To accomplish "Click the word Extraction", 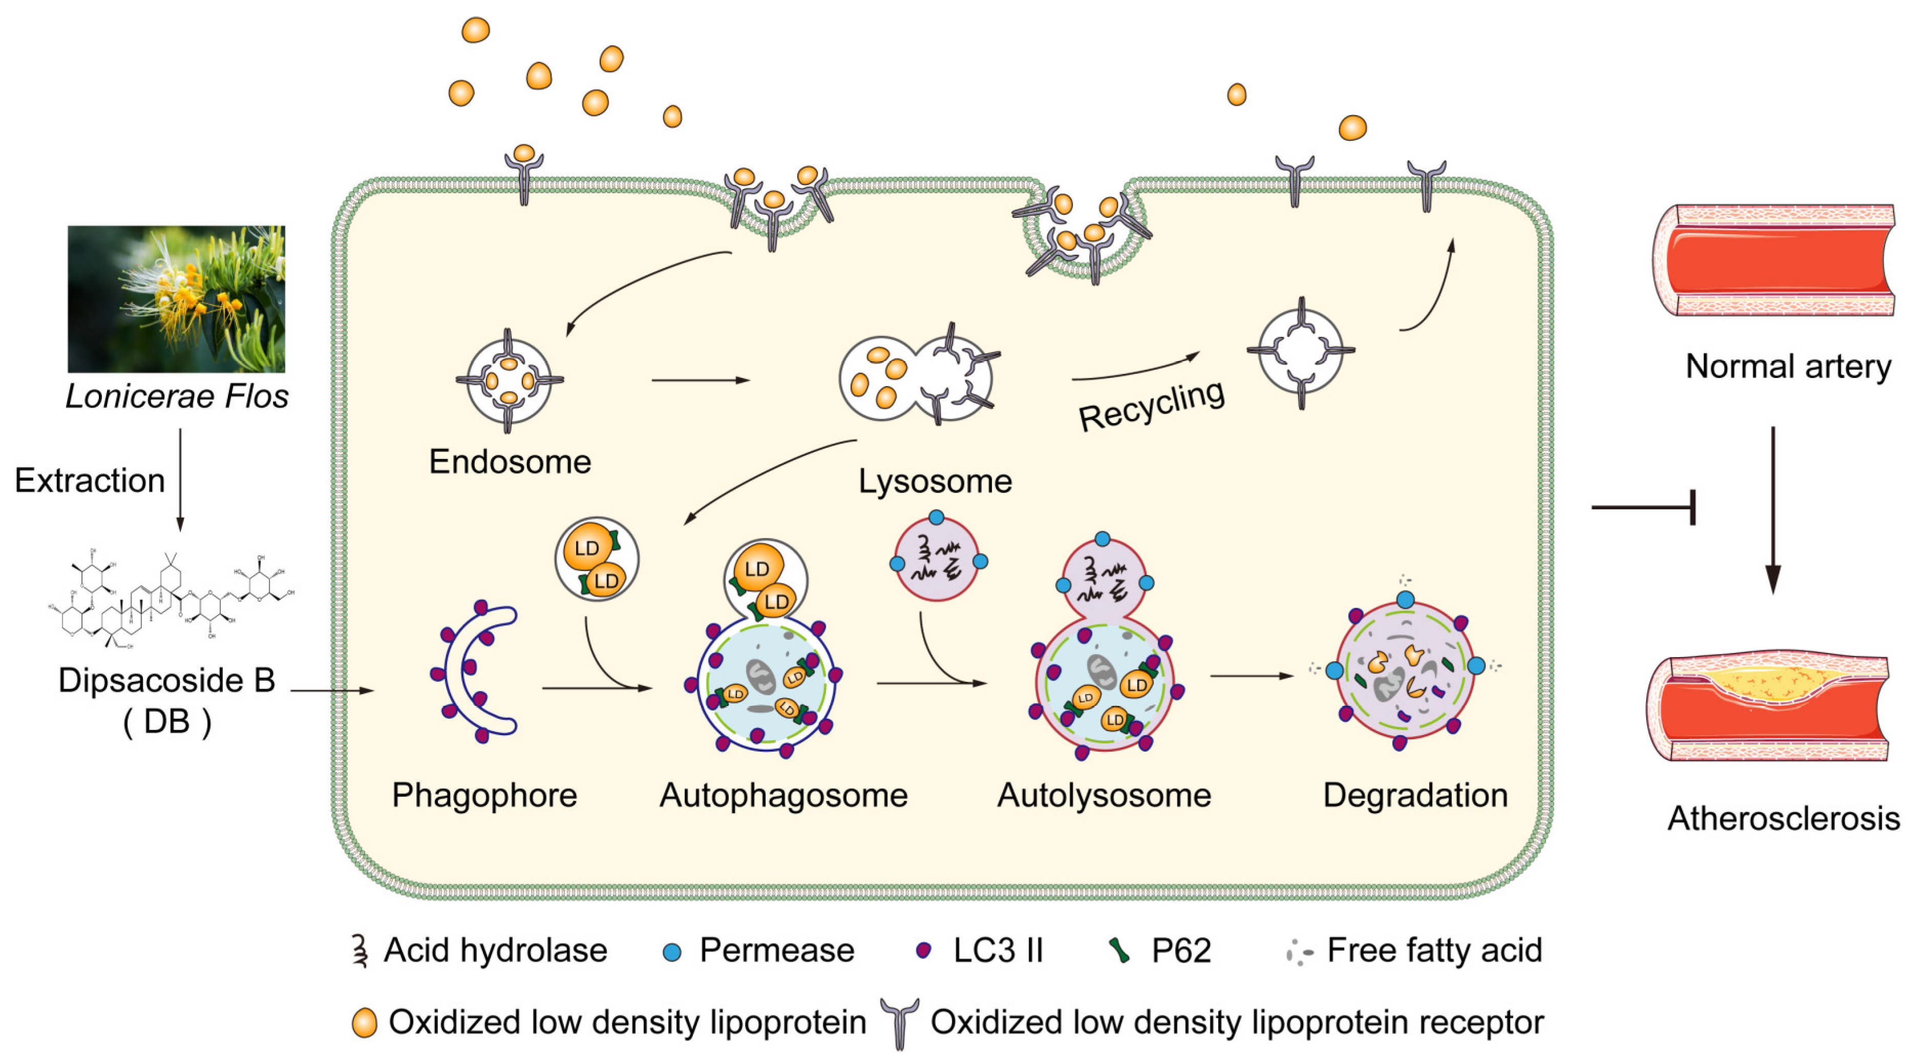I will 90,481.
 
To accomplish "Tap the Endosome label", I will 510,462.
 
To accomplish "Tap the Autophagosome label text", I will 783,795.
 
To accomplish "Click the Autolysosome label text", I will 1103,795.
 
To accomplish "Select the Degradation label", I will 1415,795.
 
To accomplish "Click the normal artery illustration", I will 1773,260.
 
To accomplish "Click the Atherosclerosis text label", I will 1782,818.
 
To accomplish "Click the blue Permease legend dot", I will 672,952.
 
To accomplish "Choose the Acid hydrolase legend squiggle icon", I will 361,950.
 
